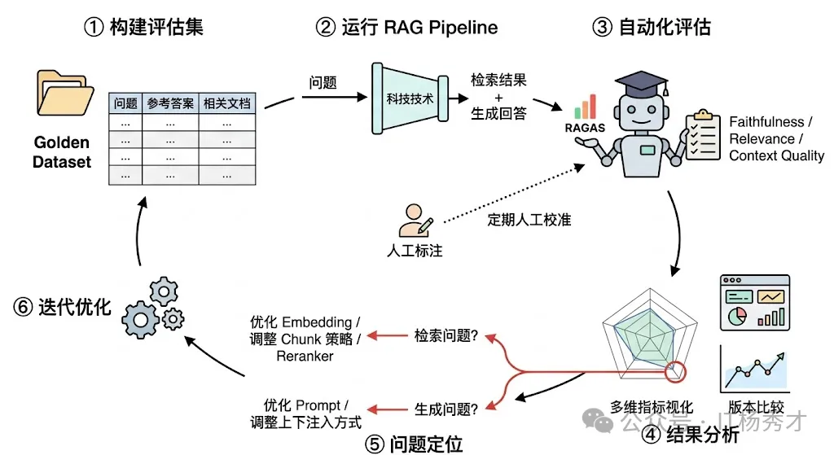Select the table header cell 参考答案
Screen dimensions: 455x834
coord(170,103)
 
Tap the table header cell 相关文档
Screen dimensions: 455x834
coord(226,103)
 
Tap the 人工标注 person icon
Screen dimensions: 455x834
coord(413,219)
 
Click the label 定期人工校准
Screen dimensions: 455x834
coord(529,219)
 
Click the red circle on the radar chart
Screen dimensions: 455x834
coord(675,372)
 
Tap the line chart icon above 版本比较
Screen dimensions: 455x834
coord(754,370)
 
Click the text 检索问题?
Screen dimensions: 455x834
coord(446,335)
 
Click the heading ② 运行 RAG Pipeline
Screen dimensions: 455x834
coord(406,27)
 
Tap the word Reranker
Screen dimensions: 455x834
coord(304,356)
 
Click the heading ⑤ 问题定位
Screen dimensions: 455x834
coord(415,443)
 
